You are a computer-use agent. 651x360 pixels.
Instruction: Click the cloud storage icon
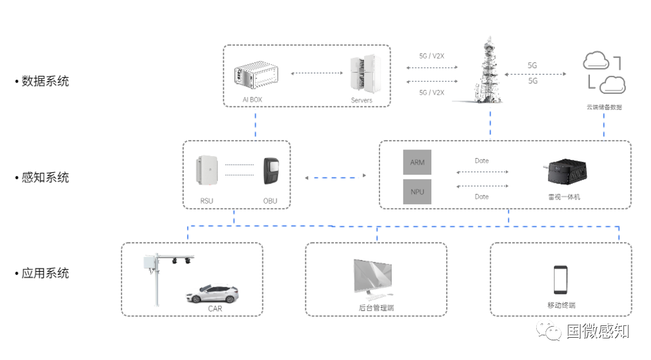coord(603,73)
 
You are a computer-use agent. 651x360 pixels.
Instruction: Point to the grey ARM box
coord(417,162)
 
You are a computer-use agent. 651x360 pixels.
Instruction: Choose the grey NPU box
coord(417,192)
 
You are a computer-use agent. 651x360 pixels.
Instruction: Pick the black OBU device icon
coord(271,170)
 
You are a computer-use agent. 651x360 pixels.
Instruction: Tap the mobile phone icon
coord(560,280)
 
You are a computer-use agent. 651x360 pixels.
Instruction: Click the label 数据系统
coord(45,81)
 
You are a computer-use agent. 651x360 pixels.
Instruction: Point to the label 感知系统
coord(45,177)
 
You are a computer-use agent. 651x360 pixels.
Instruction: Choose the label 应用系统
coord(45,273)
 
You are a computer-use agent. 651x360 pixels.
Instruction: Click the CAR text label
coord(215,309)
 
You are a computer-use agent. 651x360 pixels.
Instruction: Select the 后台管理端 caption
coord(376,307)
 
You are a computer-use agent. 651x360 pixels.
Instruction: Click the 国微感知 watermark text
coord(597,331)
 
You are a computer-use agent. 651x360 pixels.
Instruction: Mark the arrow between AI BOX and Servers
coord(317,73)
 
